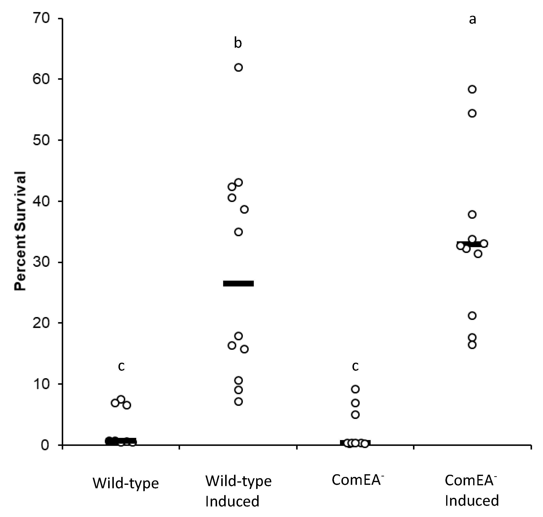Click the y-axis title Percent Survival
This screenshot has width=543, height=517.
pos(20,231)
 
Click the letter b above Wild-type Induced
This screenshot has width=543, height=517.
pos(238,43)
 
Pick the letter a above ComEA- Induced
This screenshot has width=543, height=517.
pos(472,19)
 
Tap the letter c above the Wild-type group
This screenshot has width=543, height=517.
pos(121,366)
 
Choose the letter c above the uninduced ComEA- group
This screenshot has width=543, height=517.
pos(355,366)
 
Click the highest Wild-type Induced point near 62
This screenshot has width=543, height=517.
pos(238,68)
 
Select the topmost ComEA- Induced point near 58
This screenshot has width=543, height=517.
pos(472,89)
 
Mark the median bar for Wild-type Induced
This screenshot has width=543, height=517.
pos(238,284)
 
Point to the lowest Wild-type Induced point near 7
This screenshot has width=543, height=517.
pos(239,402)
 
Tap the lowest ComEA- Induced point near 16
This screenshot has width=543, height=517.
pos(472,345)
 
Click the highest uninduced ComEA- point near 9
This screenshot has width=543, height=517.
pos(356,389)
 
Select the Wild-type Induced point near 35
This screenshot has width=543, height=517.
pos(238,232)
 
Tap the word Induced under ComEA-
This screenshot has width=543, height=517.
pos(472,501)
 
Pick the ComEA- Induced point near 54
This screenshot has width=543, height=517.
pos(472,114)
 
